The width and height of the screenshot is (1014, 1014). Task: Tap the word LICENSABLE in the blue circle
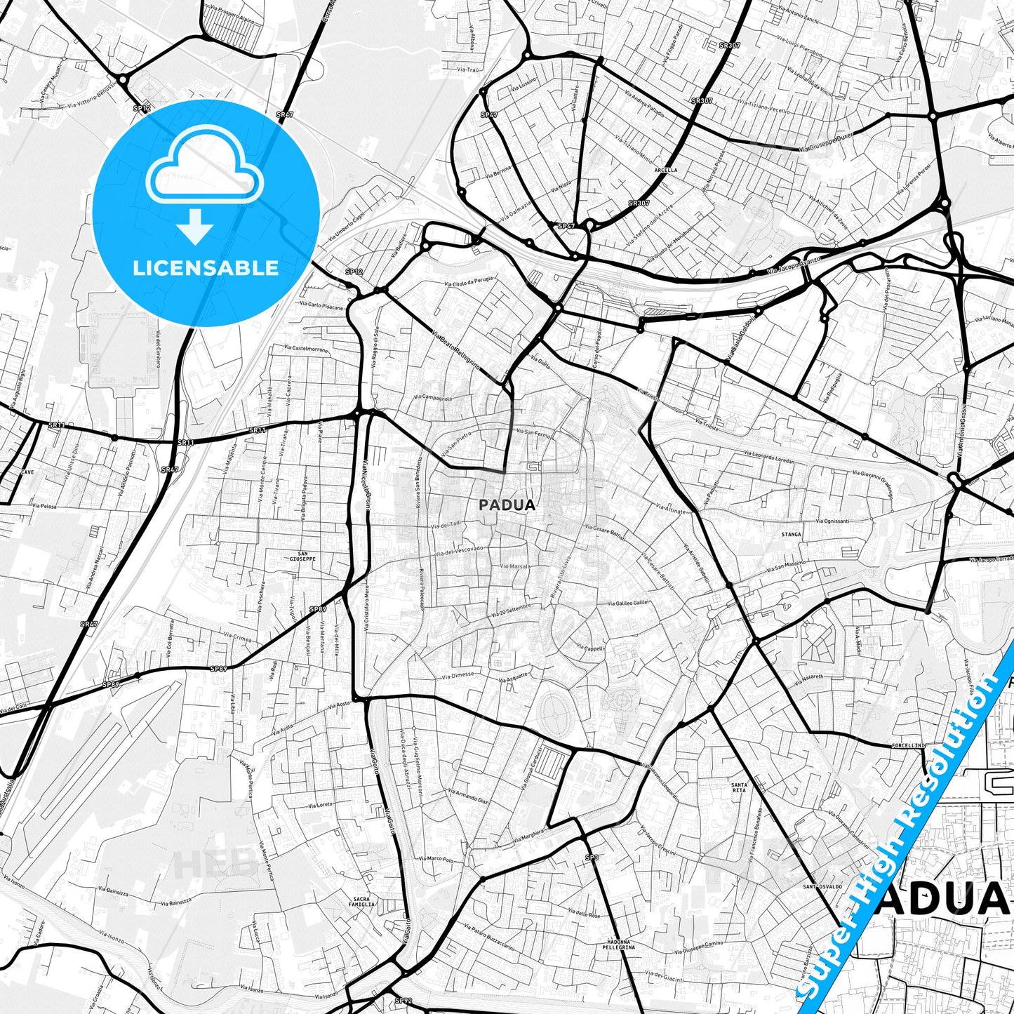point(206,268)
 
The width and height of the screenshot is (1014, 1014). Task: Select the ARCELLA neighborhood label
point(665,170)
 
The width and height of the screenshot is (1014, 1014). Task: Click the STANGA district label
point(791,535)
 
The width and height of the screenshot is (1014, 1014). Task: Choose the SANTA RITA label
point(738,787)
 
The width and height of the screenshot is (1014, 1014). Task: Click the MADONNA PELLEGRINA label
point(618,944)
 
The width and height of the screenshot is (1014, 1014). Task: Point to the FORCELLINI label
point(909,745)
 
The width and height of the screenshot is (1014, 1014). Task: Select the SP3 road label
point(592,858)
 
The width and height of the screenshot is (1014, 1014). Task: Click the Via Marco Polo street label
point(436,859)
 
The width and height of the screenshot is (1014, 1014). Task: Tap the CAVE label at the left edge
point(27,472)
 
